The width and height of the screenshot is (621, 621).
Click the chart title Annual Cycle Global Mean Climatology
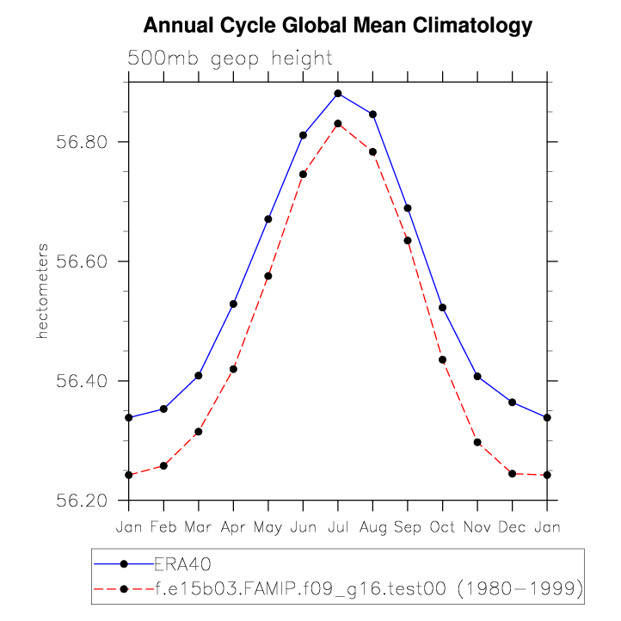[x=337, y=26]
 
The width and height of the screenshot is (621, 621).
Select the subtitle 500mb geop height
[x=230, y=58]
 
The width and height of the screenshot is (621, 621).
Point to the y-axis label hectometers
[x=41, y=290]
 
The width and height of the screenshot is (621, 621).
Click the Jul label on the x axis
[x=338, y=526]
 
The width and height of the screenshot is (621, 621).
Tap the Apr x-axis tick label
[x=233, y=526]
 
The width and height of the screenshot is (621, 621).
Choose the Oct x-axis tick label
[x=442, y=526]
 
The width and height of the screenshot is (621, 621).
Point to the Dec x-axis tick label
[x=512, y=526]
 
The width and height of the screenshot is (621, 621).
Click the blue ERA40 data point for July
[x=338, y=93]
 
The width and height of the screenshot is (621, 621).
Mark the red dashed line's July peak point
[x=338, y=124]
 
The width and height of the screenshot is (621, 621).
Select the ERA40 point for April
[x=233, y=304]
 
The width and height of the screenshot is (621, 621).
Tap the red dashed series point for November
[x=477, y=442]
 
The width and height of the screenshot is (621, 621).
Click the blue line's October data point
[x=442, y=307]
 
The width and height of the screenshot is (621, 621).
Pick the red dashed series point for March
[x=198, y=432]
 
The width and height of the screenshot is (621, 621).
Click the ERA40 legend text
[x=182, y=564]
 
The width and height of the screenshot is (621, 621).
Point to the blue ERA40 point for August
[x=372, y=114]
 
